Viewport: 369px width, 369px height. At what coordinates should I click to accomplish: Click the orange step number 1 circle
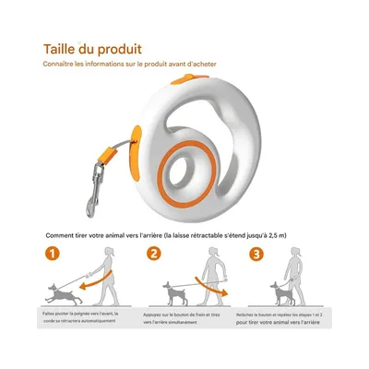54,254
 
